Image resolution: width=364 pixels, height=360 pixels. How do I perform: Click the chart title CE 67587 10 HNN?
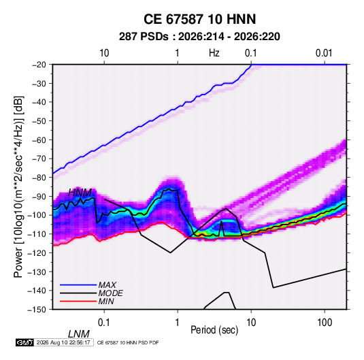(x=199, y=19)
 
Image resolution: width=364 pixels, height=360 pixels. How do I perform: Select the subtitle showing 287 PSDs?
(x=199, y=37)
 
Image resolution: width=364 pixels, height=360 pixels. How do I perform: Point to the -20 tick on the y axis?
(x=39, y=65)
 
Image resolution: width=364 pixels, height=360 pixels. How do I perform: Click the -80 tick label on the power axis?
(x=39, y=178)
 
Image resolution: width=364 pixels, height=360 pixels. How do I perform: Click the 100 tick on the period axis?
(x=325, y=323)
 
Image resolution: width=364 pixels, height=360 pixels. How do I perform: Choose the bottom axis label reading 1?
(x=178, y=323)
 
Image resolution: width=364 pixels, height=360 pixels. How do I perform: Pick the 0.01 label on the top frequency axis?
(x=324, y=53)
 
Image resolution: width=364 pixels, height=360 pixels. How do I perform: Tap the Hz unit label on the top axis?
(x=214, y=53)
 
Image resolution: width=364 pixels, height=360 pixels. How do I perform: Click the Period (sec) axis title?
(x=214, y=330)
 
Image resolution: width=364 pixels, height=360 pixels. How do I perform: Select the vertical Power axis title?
(x=18, y=187)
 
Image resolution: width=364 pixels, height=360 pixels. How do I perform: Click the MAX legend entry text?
(x=107, y=285)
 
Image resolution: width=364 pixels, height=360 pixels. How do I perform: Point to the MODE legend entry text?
(x=110, y=293)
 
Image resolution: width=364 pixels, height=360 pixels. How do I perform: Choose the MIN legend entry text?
(x=106, y=301)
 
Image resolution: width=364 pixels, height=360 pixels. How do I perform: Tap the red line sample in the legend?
(x=78, y=301)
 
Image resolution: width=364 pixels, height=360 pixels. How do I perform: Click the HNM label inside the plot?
(x=80, y=193)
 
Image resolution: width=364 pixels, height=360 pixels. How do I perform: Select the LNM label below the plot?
(x=79, y=334)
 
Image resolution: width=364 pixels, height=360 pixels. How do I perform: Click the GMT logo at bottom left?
(x=24, y=342)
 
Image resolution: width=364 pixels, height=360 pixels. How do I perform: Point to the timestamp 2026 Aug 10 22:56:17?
(x=63, y=342)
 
